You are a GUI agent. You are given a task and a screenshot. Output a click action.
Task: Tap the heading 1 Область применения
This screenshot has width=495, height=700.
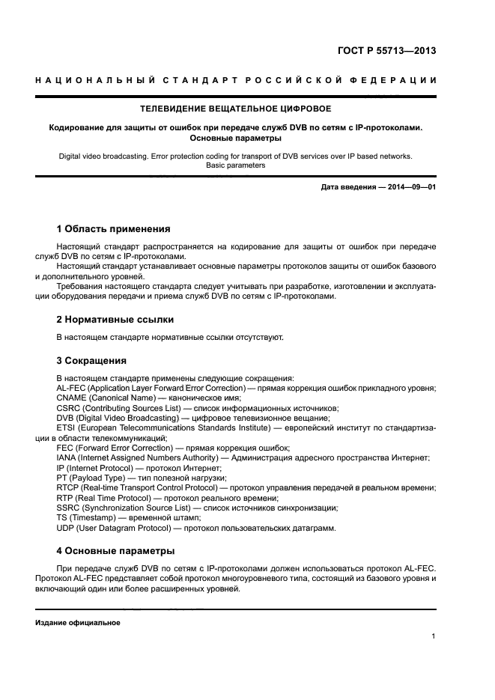[x=113, y=228]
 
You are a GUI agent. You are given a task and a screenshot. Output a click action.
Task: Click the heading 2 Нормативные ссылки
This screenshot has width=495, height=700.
[x=109, y=320]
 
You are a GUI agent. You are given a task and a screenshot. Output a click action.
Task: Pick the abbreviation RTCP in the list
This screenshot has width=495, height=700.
[x=70, y=487]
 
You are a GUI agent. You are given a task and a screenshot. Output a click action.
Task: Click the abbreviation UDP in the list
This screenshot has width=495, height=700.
[x=67, y=528]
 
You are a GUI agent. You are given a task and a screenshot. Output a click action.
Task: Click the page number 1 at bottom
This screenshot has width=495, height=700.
[x=434, y=636]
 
